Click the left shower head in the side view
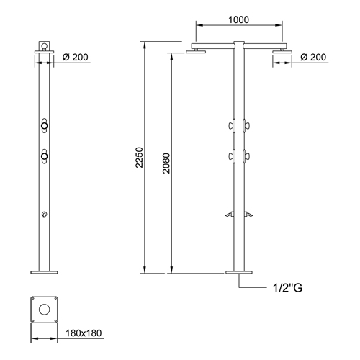point(194,51)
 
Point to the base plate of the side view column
point(240,272)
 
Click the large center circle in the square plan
point(44,309)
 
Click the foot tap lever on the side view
point(240,214)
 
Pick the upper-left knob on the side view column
point(231,126)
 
